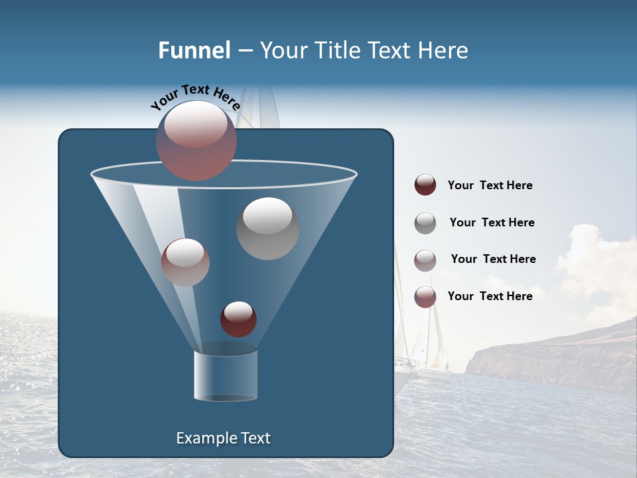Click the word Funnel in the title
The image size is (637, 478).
point(194,50)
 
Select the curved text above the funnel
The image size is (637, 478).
point(195,96)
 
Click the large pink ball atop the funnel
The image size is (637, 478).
point(196,140)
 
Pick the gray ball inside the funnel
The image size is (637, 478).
point(267,228)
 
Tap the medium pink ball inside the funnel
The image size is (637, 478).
point(185,262)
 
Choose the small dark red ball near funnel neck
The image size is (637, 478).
point(238,319)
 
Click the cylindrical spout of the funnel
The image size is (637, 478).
point(226,375)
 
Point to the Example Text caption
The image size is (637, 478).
point(223,438)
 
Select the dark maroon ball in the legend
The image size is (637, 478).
point(425,185)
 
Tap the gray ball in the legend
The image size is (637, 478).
point(425,223)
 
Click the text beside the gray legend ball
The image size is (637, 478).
point(492,222)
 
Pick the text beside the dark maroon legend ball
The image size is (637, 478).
point(490,185)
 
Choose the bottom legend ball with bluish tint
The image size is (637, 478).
point(425,297)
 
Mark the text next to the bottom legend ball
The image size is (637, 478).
point(490,296)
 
